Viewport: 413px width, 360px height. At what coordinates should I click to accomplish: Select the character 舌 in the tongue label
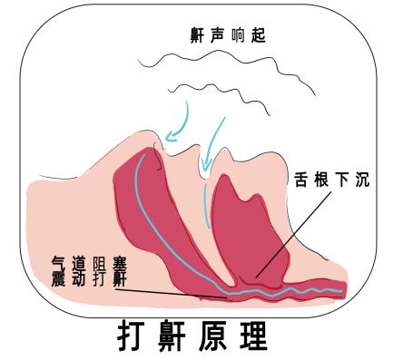tap(299, 179)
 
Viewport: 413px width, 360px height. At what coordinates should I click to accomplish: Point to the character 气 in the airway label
tap(60, 262)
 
